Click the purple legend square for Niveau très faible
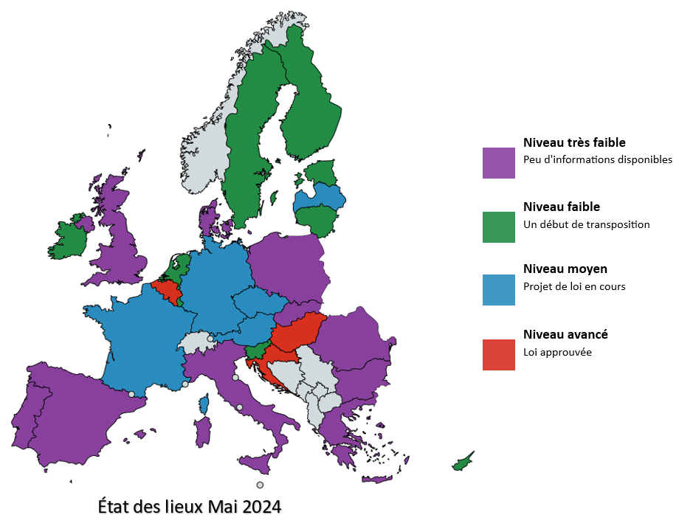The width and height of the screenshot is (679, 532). point(498,162)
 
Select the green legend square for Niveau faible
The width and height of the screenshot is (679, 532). point(498,227)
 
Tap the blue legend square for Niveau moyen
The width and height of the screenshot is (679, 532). point(498,289)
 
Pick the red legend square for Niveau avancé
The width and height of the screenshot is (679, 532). point(498,355)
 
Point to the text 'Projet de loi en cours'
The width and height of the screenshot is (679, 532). point(574,286)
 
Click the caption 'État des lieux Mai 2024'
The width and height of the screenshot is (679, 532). point(190,508)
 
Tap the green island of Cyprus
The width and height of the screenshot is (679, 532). point(463,463)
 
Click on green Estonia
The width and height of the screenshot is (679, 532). point(321,173)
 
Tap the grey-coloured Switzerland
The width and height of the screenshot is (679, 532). point(196,342)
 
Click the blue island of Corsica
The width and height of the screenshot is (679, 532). point(204,404)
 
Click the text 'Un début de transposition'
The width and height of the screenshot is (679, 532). point(586,224)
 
